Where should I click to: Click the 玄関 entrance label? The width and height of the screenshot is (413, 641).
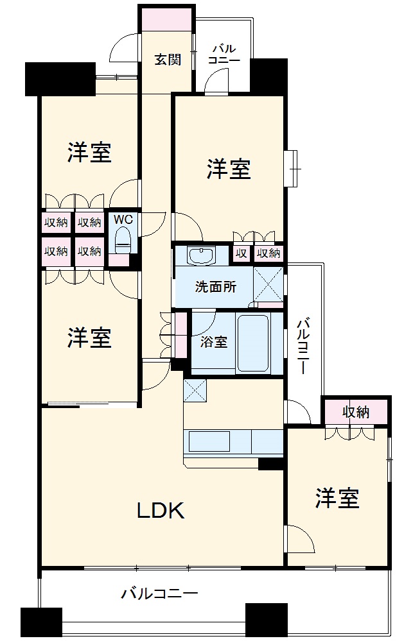point(166,60)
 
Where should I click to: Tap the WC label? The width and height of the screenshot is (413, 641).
point(123,219)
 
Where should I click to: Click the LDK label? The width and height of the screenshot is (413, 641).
point(160,511)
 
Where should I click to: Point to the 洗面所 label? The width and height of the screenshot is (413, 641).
point(215,287)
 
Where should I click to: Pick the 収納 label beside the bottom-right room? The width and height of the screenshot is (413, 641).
point(356,412)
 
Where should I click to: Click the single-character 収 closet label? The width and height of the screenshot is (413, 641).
point(241,253)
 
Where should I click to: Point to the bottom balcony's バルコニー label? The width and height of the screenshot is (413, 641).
point(160,594)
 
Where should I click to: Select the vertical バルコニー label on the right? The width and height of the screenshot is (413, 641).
point(303,346)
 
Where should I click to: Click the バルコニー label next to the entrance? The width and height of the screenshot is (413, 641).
point(224,55)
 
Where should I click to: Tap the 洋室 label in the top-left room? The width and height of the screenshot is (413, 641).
point(90,152)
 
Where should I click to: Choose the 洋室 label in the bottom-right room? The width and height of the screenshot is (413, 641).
point(337,498)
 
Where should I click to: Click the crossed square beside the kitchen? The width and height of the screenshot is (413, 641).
point(194,390)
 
